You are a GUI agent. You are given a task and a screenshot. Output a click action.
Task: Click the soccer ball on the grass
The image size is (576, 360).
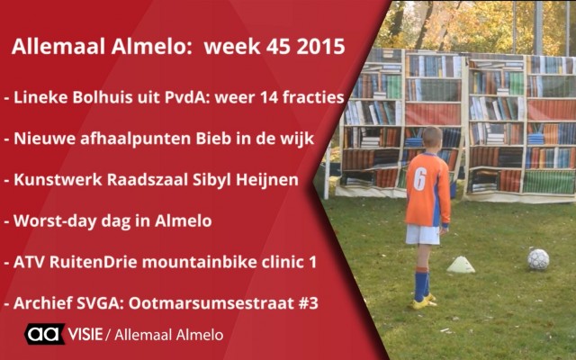[538, 259]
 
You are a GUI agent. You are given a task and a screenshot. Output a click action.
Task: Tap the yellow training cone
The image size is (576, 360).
[461, 265]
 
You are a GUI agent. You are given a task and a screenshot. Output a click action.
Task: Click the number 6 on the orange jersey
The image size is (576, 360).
[420, 179]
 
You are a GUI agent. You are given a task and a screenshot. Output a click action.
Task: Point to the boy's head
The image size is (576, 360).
[432, 140]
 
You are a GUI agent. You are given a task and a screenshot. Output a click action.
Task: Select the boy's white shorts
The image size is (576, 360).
[423, 235]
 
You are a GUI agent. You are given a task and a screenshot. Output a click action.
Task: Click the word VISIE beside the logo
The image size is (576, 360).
[85, 334]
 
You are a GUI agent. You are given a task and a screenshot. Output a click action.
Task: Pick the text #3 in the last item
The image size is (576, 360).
[310, 303]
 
